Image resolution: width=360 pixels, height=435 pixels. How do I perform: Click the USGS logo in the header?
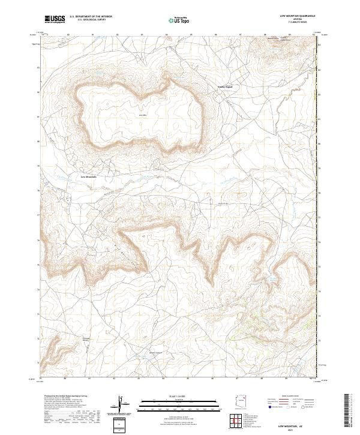55,20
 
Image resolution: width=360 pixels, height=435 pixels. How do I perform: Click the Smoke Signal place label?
224,87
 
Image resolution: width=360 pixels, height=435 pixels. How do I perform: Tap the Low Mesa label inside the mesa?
142,114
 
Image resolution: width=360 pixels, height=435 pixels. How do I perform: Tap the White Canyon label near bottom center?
155,352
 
